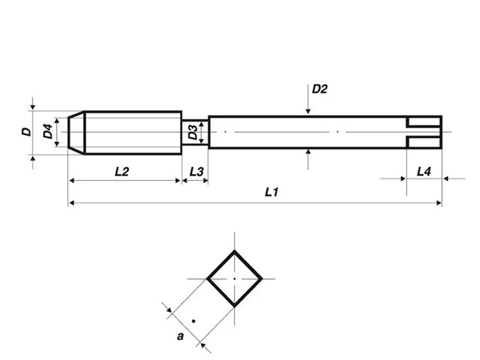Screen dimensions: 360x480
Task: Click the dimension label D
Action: pos(26,132)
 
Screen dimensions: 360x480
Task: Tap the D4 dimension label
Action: pos(48,132)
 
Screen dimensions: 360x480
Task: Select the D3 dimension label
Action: pos(193,133)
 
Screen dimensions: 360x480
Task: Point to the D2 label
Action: pos(319,88)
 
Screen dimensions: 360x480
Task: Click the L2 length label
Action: pos(122,172)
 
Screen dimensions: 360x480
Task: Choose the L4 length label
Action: pos(424,172)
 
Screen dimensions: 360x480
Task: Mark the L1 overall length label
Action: pos(272,193)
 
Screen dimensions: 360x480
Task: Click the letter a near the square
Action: pos(180,337)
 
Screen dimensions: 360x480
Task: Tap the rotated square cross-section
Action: pos(235,278)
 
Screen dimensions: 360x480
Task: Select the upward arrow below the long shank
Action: pos(309,154)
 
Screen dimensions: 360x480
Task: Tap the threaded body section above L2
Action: pos(131,132)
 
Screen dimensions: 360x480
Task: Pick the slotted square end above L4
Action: pos(424,132)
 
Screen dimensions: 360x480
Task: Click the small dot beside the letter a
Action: pos(193,321)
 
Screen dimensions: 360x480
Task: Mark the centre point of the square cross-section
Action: pos(235,278)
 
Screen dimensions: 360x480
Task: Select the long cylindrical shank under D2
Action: pos(307,132)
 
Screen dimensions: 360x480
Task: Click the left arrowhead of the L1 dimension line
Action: pos(71,202)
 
